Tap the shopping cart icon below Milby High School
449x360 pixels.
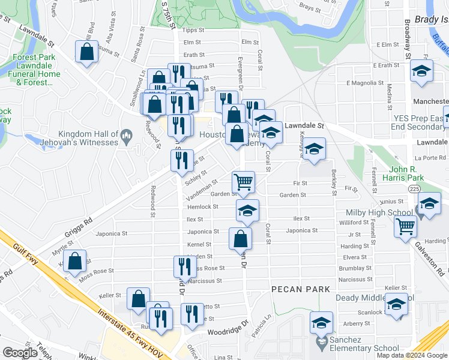[406, 227]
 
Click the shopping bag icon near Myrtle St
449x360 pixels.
[75, 262]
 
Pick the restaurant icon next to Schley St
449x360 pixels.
[182, 161]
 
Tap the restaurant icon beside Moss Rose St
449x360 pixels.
[185, 266]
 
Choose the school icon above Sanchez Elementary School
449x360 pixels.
[321, 323]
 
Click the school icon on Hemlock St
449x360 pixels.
[247, 211]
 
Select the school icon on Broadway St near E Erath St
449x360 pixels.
[421, 71]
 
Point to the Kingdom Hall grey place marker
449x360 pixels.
[126, 137]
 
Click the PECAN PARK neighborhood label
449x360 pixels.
[301, 289]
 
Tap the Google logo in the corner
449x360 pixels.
[20, 353]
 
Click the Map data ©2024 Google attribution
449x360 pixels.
[412, 355]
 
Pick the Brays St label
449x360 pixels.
[311, 7]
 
